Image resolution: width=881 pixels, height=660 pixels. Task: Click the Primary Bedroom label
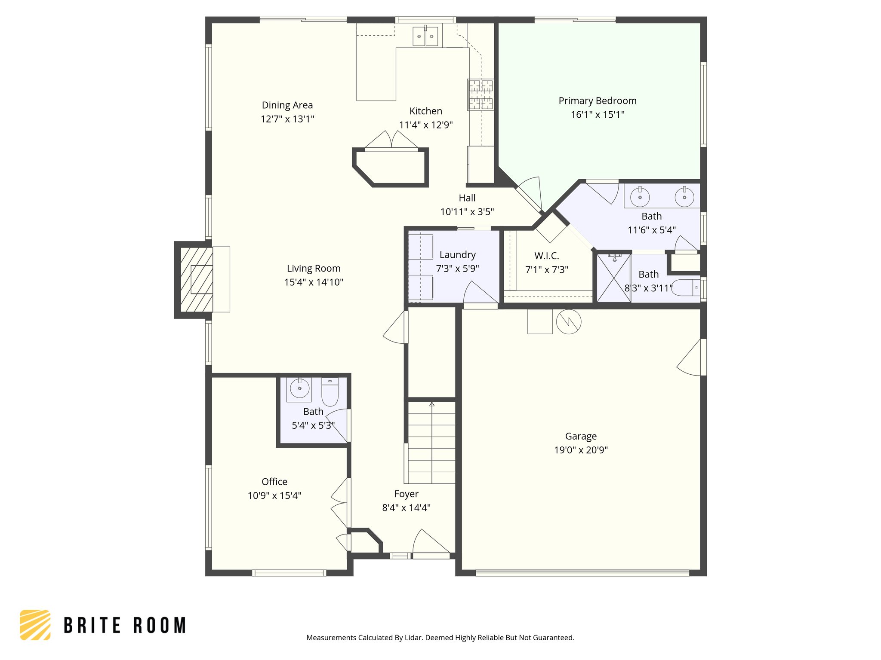[597, 101]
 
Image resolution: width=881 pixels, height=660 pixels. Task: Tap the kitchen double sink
[425, 36]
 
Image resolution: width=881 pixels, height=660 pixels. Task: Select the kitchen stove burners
[481, 95]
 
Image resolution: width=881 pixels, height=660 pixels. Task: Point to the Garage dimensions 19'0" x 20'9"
[581, 450]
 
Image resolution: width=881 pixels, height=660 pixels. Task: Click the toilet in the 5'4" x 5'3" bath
[330, 392]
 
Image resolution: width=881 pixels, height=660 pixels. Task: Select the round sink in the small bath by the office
[299, 389]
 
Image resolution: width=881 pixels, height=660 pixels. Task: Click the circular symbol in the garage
[569, 321]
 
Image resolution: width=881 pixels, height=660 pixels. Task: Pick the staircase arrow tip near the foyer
[432, 404]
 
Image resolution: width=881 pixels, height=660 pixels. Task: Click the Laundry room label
[457, 255]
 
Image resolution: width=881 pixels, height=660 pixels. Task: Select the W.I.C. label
[546, 256]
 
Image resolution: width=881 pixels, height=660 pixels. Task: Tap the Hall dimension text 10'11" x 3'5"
[467, 212]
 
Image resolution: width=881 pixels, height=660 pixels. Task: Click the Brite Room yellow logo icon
[35, 625]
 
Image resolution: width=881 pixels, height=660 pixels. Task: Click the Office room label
[274, 482]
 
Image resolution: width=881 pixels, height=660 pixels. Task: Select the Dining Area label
[287, 105]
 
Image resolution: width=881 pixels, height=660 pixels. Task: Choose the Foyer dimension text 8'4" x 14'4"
[406, 508]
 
